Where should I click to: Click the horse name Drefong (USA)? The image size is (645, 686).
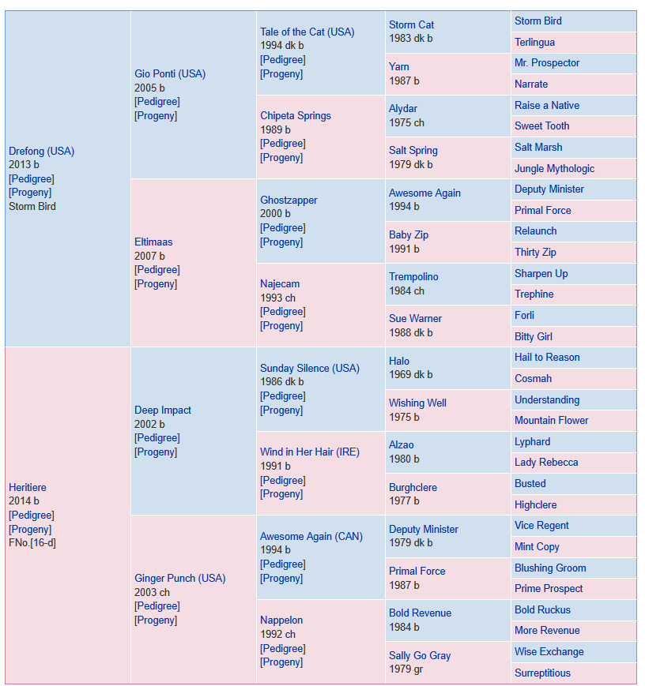click(x=42, y=151)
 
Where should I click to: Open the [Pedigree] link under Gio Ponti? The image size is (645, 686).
click(x=157, y=102)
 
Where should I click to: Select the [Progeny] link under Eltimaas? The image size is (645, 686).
click(x=156, y=284)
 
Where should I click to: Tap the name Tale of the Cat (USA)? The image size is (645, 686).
click(x=307, y=32)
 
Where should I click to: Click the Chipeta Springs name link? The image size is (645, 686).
click(x=296, y=115)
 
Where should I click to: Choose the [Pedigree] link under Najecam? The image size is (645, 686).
click(x=283, y=312)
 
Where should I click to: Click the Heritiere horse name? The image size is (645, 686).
click(x=28, y=487)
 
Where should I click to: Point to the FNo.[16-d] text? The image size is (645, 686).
click(x=32, y=543)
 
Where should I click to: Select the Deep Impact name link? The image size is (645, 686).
click(x=163, y=410)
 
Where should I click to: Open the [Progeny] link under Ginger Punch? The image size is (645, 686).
click(x=156, y=620)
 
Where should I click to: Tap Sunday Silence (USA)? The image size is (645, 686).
click(x=310, y=368)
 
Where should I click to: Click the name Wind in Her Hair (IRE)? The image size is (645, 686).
click(x=310, y=452)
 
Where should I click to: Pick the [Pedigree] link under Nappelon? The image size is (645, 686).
click(x=283, y=648)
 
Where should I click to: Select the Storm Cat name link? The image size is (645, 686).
click(x=412, y=25)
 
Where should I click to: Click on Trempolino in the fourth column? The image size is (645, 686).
click(x=413, y=276)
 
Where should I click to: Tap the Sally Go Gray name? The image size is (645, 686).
click(x=420, y=655)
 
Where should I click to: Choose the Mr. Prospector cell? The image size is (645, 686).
click(x=574, y=63)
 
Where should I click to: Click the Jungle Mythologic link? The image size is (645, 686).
click(x=554, y=168)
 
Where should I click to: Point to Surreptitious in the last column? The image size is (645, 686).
click(x=542, y=673)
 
